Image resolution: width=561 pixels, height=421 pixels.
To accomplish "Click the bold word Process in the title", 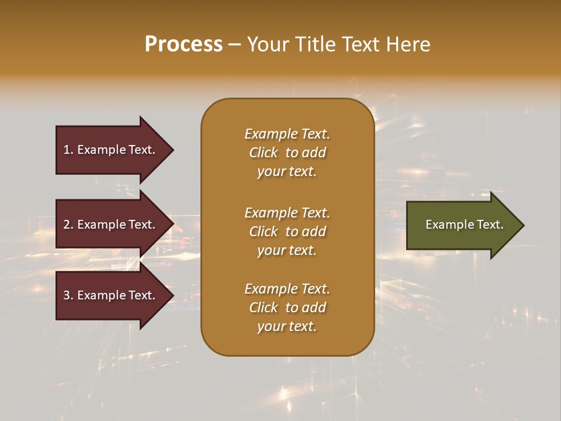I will (x=183, y=44).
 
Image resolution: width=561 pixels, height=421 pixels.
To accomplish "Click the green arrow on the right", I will (x=462, y=225).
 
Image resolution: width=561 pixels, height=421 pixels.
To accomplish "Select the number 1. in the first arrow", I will (x=68, y=150).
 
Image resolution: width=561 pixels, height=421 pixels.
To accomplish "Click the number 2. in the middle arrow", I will (x=68, y=225).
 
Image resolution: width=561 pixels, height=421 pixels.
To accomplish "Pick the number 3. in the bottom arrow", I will (x=68, y=295).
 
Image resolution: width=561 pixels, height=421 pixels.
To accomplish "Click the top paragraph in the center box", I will (x=287, y=153).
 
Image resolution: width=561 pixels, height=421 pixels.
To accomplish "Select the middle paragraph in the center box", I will (x=287, y=231).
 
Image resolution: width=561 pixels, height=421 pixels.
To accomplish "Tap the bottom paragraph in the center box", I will (x=287, y=308).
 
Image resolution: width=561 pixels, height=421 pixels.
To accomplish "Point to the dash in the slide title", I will (x=234, y=44).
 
